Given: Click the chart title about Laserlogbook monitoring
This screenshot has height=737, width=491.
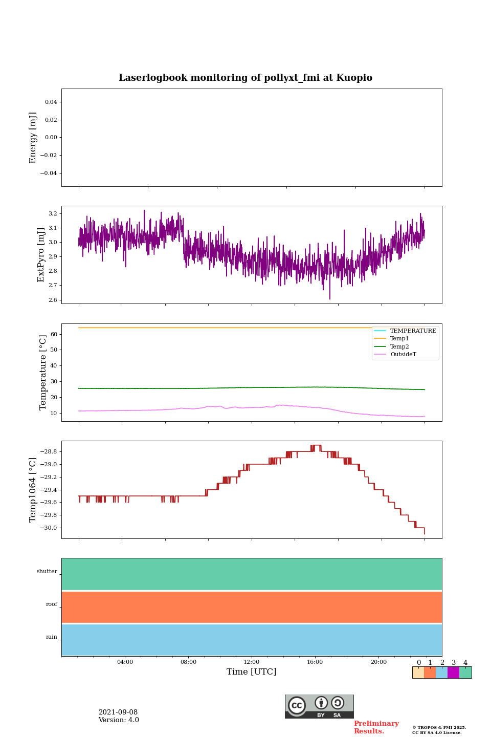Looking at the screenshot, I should tap(245, 78).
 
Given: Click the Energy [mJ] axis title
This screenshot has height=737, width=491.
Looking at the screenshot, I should tap(33, 138).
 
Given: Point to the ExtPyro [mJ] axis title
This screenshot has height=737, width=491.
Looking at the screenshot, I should tap(41, 255).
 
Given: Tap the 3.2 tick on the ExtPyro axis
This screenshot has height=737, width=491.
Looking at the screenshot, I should tap(53, 213).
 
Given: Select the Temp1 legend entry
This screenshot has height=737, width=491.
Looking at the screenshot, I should tap(399, 339).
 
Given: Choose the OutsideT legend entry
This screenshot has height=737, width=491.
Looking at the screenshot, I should tap(403, 355).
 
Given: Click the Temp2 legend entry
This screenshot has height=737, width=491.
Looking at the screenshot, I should tap(399, 346).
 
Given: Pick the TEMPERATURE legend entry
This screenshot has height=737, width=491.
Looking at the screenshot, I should tap(413, 331).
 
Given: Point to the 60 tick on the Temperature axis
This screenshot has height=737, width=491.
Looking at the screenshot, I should tap(54, 334).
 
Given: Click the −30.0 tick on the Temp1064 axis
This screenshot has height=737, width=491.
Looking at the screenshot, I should tap(48, 528).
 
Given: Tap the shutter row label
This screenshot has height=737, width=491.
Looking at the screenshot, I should tap(47, 572).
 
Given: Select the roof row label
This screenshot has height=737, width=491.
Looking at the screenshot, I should tap(52, 604).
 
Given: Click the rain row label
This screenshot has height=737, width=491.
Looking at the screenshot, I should tap(52, 637).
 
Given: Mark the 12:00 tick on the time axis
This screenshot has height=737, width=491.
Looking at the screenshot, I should tap(252, 662).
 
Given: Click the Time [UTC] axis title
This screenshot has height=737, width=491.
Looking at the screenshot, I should tap(252, 672).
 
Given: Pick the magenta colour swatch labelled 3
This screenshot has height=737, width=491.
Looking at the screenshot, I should tap(453, 673).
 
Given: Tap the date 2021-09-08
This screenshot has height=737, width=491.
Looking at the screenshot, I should tap(118, 712).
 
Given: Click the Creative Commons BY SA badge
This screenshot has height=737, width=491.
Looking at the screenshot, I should tap(319, 706).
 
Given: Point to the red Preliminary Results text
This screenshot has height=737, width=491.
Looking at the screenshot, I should tap(376, 727).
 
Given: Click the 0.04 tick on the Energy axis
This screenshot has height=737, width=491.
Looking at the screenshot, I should tap(51, 102).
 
